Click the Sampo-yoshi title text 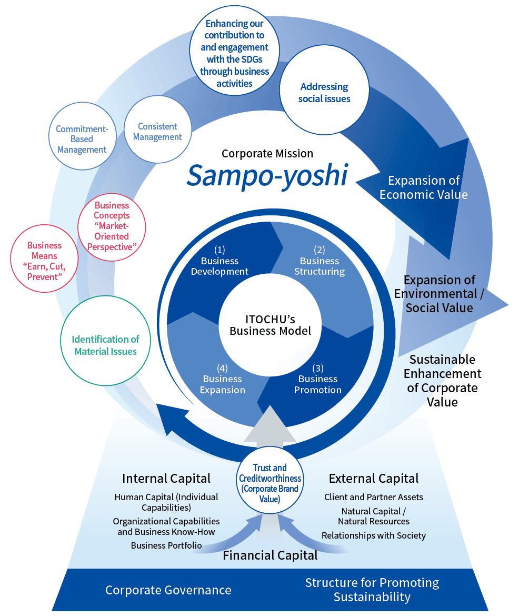coord(267,176)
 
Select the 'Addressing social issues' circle coord(324,93)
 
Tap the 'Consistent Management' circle coord(157,132)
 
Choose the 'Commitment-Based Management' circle coord(82,139)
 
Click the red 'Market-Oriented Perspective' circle coord(112,226)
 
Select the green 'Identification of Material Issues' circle coord(105,345)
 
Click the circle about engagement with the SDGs coord(237,53)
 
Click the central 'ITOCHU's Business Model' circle coord(271,325)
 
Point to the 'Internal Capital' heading coord(166,478)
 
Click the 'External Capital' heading coord(374,478)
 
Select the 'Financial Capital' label coord(270,555)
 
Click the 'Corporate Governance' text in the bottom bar coord(168,590)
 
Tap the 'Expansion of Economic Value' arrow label coord(424,187)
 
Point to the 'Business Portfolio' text coord(166,545)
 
